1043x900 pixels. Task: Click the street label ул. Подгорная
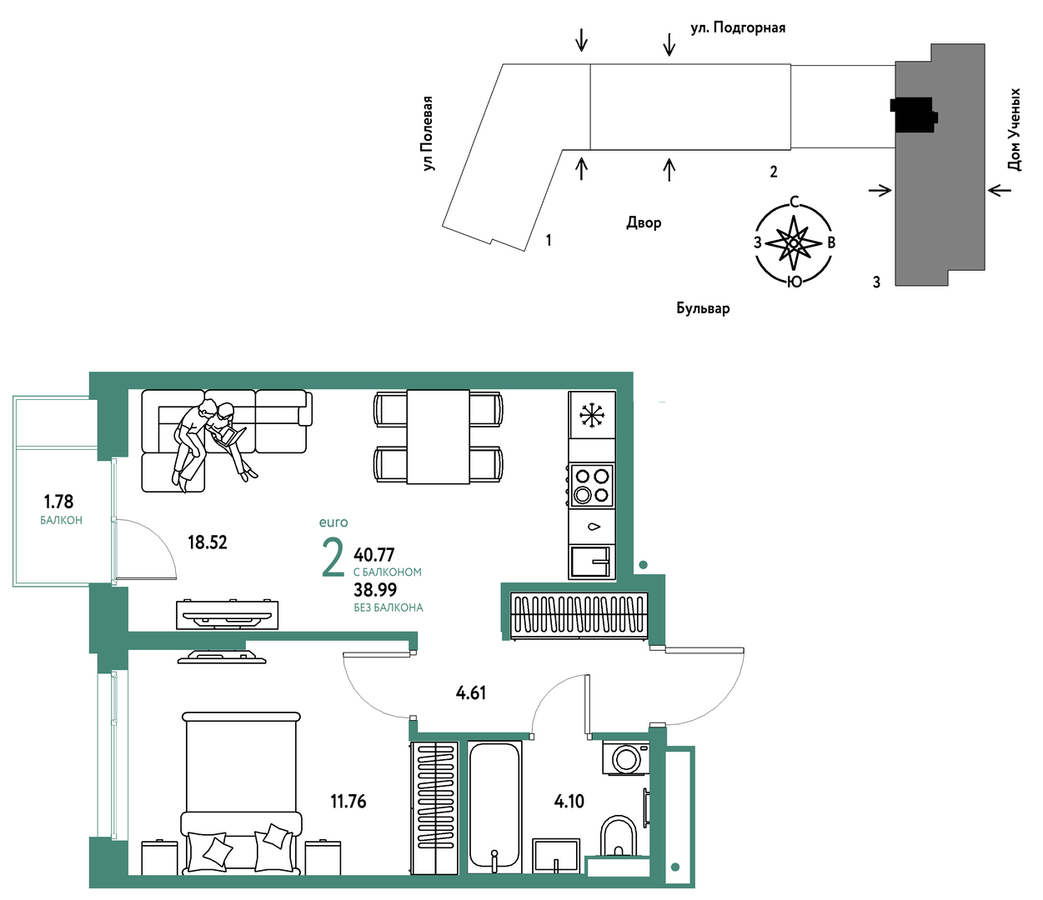click(738, 27)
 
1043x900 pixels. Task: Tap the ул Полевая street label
click(428, 133)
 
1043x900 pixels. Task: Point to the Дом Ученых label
click(1014, 130)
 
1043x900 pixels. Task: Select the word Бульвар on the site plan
click(703, 307)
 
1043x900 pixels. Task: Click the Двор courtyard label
click(644, 222)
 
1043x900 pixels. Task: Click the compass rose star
click(793, 243)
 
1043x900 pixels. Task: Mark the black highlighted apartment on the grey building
click(913, 115)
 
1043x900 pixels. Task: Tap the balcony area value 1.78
click(58, 502)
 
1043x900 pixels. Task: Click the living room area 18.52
click(208, 542)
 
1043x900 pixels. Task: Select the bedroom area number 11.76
click(349, 802)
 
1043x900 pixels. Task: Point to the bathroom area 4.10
click(569, 802)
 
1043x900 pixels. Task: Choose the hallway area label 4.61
click(471, 693)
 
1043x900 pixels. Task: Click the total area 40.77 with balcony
click(374, 555)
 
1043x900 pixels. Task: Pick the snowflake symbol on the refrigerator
click(592, 416)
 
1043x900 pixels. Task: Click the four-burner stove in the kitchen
click(591, 485)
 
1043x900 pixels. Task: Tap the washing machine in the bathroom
click(625, 757)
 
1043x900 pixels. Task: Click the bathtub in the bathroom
click(494, 807)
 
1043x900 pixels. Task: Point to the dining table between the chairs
click(438, 437)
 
